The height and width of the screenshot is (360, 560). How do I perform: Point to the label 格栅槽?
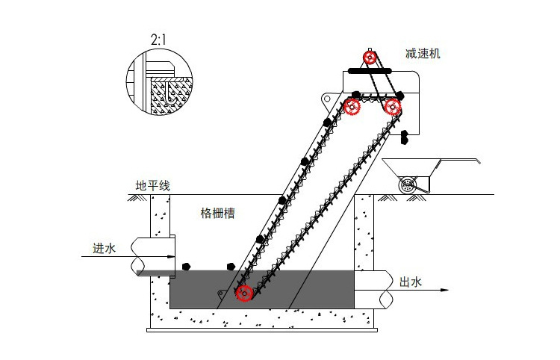tap(218, 213)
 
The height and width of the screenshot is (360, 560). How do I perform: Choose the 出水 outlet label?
tap(411, 282)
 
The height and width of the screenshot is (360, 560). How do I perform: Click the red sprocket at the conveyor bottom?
tap(244, 293)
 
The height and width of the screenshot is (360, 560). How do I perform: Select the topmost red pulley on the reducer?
tap(370, 58)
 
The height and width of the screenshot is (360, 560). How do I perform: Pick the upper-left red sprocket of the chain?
tap(352, 107)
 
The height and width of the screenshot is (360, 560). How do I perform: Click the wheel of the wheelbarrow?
tap(408, 186)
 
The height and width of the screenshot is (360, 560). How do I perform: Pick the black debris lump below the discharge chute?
tap(404, 137)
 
